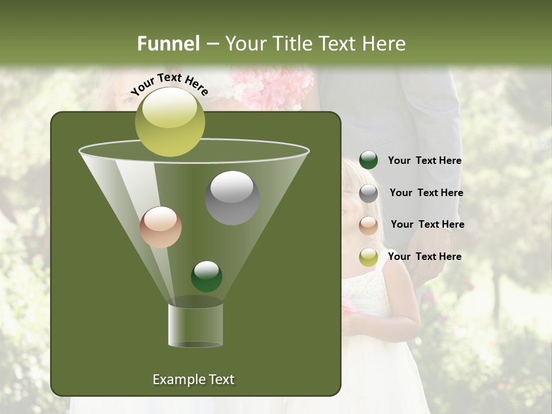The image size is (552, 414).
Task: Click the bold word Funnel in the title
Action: (x=168, y=44)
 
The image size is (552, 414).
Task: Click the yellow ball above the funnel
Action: (x=170, y=121)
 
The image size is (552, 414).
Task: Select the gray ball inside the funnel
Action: (x=232, y=197)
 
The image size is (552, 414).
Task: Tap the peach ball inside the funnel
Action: (x=160, y=227)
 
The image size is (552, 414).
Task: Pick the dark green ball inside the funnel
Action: (x=206, y=276)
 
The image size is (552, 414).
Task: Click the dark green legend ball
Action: (x=369, y=160)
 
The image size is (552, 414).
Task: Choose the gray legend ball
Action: (x=369, y=193)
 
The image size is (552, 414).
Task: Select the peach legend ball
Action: (x=369, y=225)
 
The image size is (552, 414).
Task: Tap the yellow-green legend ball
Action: (x=369, y=257)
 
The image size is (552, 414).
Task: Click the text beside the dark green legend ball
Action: (x=424, y=161)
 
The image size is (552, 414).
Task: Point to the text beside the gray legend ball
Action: (x=426, y=193)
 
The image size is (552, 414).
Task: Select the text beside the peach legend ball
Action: (x=427, y=225)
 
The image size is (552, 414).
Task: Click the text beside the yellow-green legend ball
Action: (x=424, y=257)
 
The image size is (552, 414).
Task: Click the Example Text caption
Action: (x=193, y=379)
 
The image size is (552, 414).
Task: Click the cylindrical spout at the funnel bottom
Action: (x=195, y=325)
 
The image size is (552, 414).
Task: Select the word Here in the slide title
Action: (x=384, y=44)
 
